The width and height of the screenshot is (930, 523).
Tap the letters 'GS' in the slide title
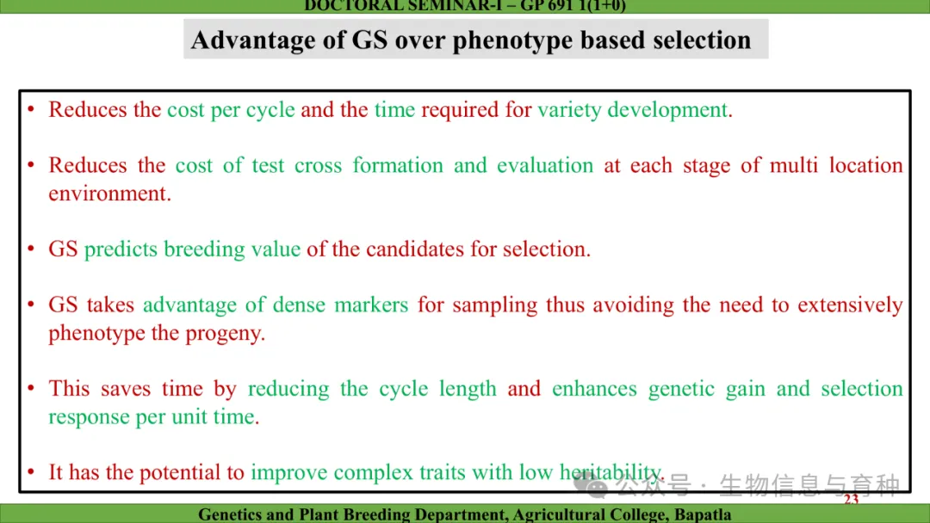[369, 40]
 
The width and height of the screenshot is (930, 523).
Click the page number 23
[851, 499]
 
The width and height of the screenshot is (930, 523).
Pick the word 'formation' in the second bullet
[398, 165]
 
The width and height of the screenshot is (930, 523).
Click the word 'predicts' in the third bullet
[121, 249]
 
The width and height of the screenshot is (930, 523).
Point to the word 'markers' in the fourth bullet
[371, 305]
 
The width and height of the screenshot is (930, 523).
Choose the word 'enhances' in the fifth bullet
[594, 389]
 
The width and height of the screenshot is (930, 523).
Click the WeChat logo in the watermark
[591, 486]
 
